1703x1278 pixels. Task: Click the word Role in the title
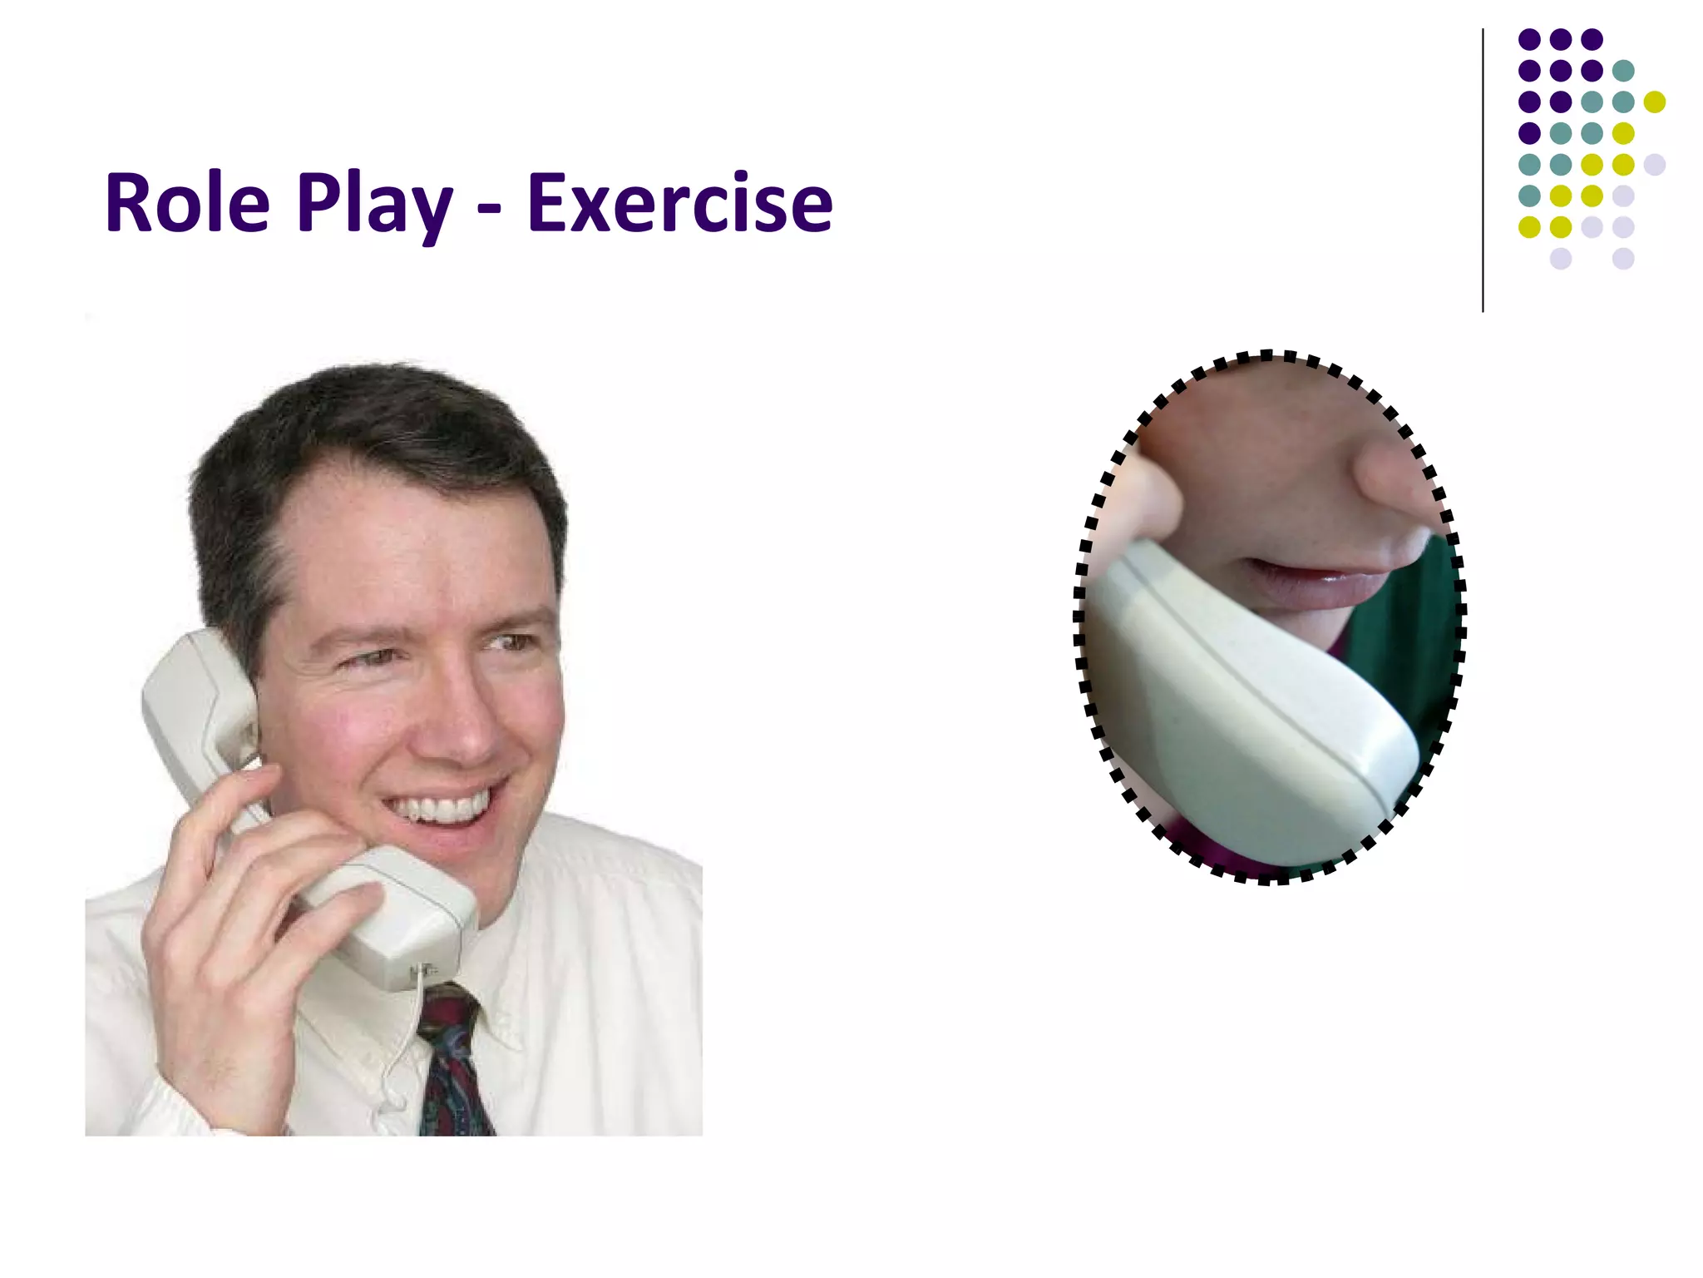coord(188,204)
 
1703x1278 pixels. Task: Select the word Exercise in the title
coord(679,204)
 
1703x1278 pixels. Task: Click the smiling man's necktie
coord(453,1073)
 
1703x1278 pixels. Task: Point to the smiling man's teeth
coord(441,807)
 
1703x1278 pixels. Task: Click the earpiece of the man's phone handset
coord(200,691)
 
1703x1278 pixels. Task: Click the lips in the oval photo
coord(1314,582)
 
